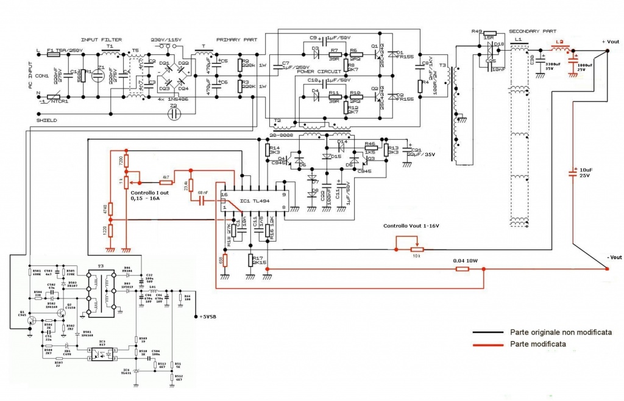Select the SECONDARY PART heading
coord(532,31)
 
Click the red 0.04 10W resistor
coord(463,268)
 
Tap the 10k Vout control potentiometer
coord(417,249)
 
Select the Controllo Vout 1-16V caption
coord(411,226)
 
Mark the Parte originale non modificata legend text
coord(561,332)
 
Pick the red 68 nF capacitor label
coord(203,193)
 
